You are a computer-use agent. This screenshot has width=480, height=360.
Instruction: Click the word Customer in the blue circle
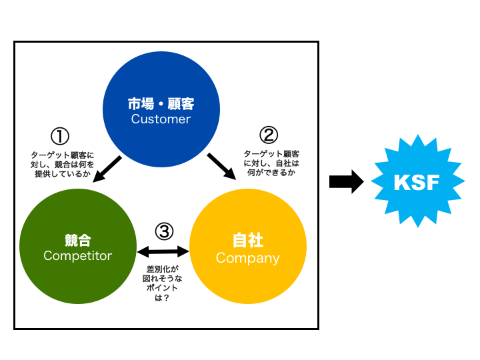[x=161, y=120]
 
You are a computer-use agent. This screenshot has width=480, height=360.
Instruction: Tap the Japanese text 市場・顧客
[x=161, y=105]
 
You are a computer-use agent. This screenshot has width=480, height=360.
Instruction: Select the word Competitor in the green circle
[x=78, y=256]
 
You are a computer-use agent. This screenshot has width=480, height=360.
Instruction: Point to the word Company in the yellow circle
[x=248, y=258]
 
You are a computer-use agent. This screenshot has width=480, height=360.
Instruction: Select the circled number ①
[x=60, y=137]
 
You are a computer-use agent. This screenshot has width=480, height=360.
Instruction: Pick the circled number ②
[x=268, y=135]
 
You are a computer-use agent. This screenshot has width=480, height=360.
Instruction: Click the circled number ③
[x=164, y=231]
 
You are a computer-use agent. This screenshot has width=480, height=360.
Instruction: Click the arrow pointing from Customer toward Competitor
[x=107, y=169]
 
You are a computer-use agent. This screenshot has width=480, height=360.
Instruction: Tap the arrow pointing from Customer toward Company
[x=222, y=167]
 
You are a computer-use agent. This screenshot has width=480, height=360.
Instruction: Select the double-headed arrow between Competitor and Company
[x=163, y=252]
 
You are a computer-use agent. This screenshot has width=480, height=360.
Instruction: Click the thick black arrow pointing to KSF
[x=347, y=182]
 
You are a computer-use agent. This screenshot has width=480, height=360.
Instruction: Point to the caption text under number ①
[x=63, y=163]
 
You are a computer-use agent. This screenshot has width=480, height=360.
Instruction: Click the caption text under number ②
[x=271, y=162]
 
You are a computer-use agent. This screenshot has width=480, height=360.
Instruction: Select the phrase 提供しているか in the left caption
[x=63, y=173]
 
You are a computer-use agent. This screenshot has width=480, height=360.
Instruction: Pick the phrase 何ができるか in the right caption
[x=271, y=172]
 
